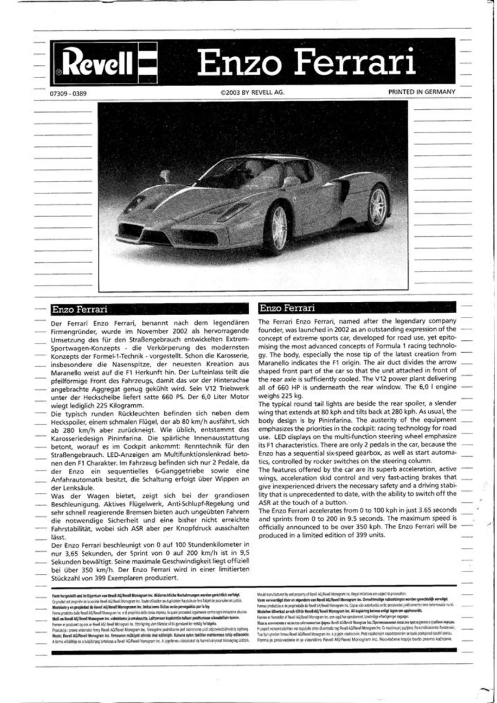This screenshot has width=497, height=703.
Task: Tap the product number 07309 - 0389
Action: [63, 92]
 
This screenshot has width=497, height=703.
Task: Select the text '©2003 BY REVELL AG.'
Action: [252, 92]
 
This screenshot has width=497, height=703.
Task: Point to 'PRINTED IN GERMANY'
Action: [421, 92]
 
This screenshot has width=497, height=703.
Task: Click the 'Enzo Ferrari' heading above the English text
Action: [287, 308]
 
